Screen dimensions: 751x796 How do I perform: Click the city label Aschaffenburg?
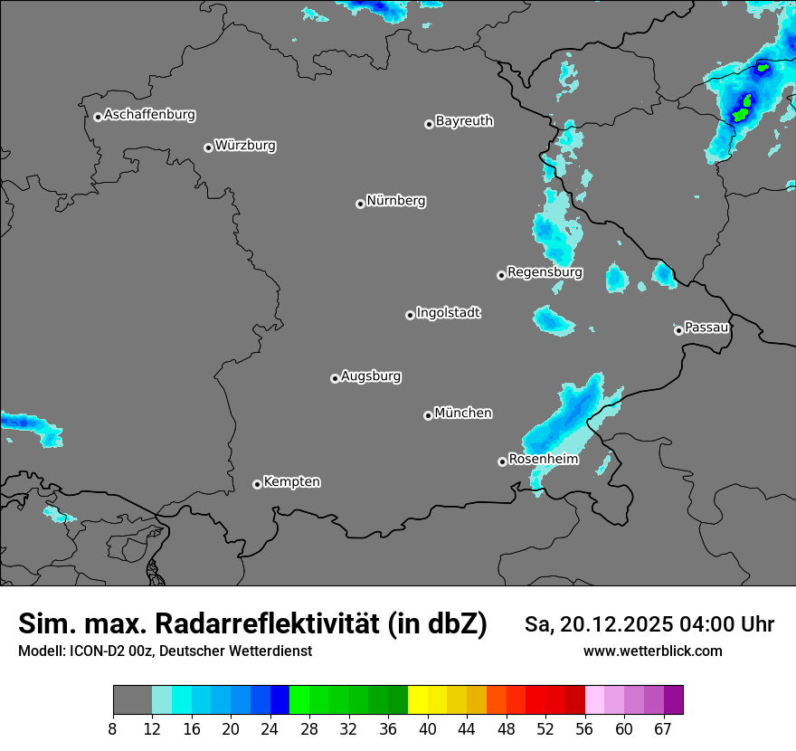(x=149, y=115)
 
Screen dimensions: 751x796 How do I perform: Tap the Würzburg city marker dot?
(x=208, y=147)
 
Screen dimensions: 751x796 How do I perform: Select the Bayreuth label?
(x=464, y=120)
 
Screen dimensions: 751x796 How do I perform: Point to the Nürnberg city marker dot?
(x=360, y=204)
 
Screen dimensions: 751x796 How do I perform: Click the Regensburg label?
(x=545, y=271)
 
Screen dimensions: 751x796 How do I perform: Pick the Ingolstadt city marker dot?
(x=410, y=315)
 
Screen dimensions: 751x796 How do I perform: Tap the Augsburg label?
(x=371, y=375)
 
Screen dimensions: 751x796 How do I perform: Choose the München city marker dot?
(x=428, y=415)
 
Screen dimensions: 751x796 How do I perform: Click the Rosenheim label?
(x=543, y=459)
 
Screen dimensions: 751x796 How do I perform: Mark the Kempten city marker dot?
(x=257, y=484)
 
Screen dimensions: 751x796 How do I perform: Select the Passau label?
(x=706, y=327)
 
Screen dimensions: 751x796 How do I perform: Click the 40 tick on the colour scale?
(x=428, y=729)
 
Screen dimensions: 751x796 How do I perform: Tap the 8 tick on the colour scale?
(x=113, y=729)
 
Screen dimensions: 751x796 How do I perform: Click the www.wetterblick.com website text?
(x=652, y=651)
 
